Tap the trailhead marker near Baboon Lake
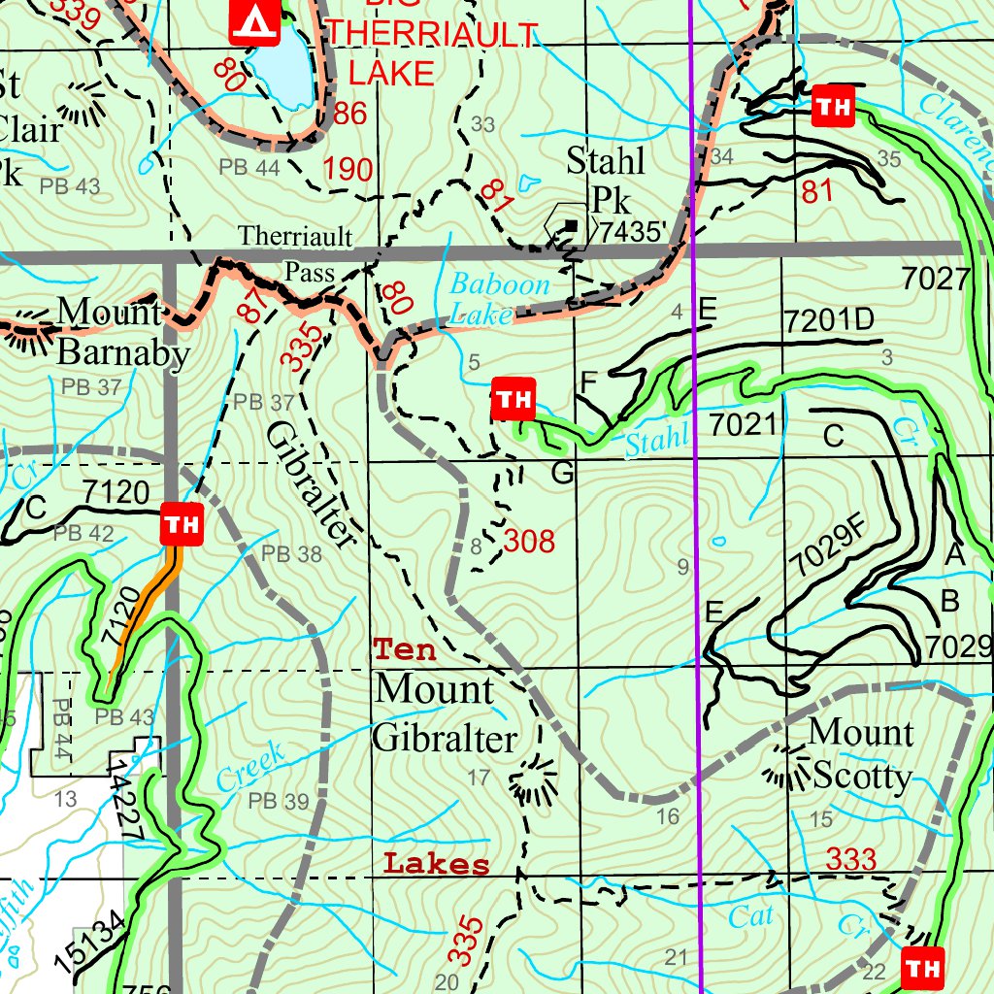click(x=514, y=399)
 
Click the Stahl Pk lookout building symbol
click(x=571, y=226)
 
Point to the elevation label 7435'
click(x=633, y=232)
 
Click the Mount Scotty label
click(x=860, y=753)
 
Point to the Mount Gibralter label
click(x=445, y=713)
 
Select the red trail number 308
click(x=529, y=541)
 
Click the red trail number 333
click(x=851, y=859)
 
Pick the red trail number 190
click(x=348, y=170)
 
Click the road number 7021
click(x=743, y=424)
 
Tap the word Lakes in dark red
click(x=436, y=864)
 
